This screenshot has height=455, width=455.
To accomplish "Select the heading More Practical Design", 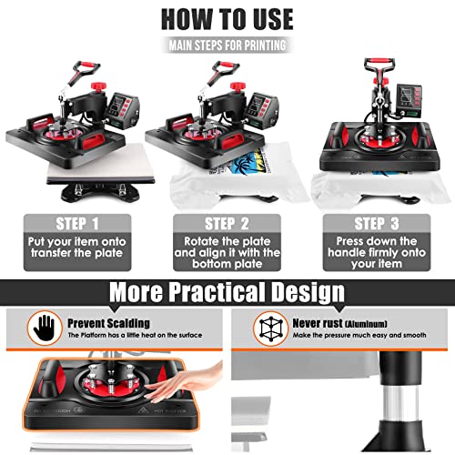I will click(x=227, y=292).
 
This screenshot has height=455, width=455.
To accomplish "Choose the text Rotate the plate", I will click(x=228, y=244).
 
